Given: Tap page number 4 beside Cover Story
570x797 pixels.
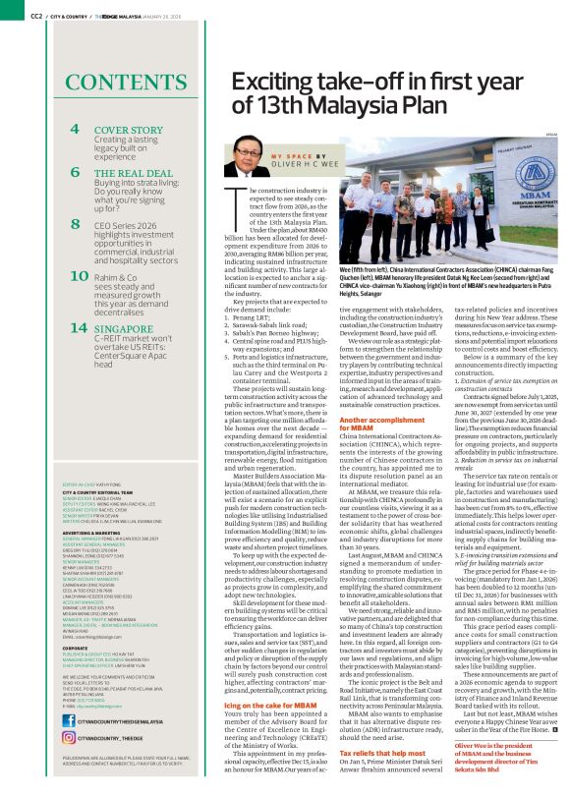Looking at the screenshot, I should click(x=75, y=130).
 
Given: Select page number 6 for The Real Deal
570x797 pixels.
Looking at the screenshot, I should click(x=75, y=172).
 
